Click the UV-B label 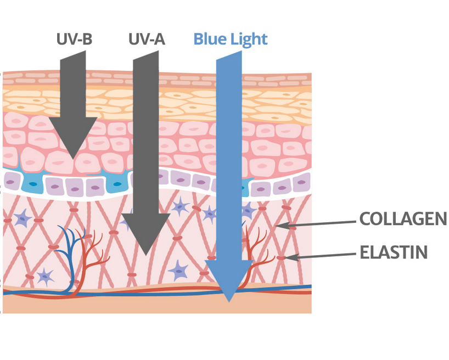pyautogui.click(x=74, y=40)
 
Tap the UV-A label pyautogui.click(x=147, y=40)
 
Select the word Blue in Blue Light pyautogui.click(x=208, y=40)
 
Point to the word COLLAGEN pyautogui.click(x=403, y=219)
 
